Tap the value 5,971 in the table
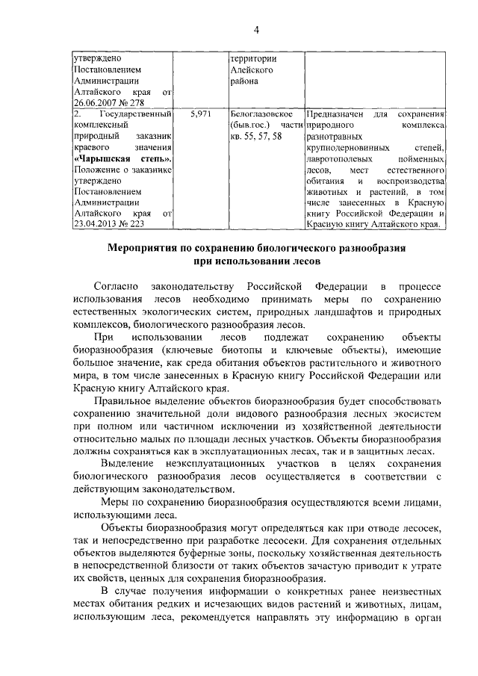pos(202,114)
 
